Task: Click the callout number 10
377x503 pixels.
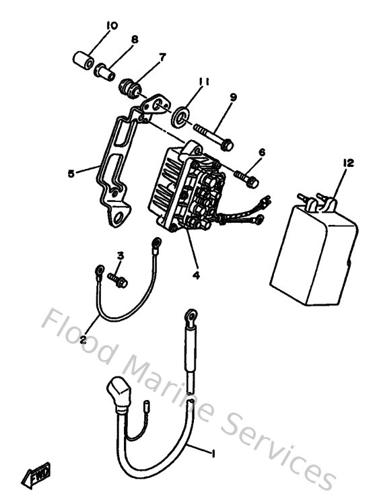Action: (x=112, y=26)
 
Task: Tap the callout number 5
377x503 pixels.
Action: (x=71, y=172)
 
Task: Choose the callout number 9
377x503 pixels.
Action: (x=232, y=98)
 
